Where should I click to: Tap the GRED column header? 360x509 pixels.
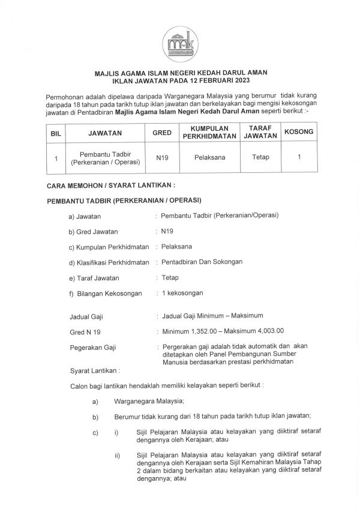coord(162,133)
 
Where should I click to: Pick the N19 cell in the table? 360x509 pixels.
coord(162,159)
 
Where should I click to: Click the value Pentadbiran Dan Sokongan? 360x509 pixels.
coord(203,262)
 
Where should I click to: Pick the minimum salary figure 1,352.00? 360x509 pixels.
coord(205,331)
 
